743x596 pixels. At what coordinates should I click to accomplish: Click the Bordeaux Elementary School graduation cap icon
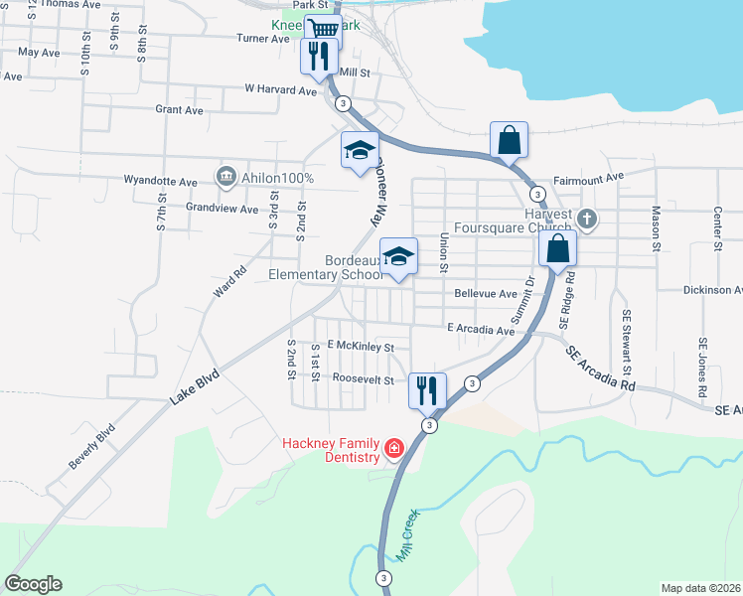click(x=398, y=256)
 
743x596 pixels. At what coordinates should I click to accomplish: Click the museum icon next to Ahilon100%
click(x=224, y=178)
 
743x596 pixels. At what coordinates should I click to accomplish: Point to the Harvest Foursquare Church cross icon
click(x=587, y=219)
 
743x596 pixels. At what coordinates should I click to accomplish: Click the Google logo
click(x=33, y=584)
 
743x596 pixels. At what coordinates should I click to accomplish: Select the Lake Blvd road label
click(x=193, y=387)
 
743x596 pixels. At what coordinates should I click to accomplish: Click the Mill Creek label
click(x=408, y=536)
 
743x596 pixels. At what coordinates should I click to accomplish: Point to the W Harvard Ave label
click(x=281, y=89)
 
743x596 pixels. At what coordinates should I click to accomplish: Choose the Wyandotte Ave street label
click(x=161, y=181)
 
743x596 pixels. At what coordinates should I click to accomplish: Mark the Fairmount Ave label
click(x=588, y=177)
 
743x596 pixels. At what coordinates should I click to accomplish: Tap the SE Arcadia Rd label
click(x=601, y=367)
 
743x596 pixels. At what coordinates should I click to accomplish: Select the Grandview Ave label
click(x=222, y=209)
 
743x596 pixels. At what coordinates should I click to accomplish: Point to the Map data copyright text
click(x=699, y=587)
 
